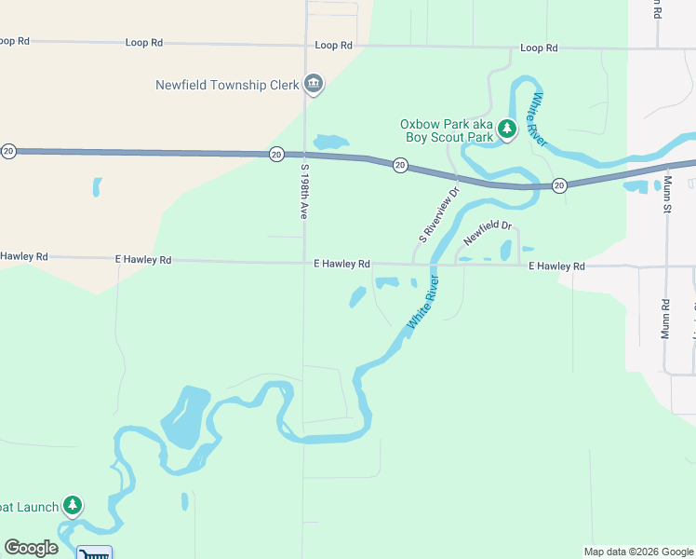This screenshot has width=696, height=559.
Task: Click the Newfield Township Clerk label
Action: click(227, 85)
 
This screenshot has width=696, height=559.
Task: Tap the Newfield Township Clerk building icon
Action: click(314, 85)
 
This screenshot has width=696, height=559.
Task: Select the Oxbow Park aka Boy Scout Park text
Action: click(447, 130)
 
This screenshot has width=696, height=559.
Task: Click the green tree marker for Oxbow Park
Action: click(506, 129)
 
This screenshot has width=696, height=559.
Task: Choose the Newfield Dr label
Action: click(489, 232)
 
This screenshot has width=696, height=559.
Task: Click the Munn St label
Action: click(667, 194)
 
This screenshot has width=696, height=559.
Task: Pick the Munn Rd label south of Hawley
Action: click(666, 319)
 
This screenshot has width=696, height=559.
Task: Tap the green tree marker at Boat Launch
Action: click(73, 506)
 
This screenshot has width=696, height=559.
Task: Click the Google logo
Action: click(31, 548)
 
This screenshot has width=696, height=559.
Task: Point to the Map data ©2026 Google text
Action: click(637, 552)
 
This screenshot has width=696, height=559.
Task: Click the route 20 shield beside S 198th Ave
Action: click(276, 154)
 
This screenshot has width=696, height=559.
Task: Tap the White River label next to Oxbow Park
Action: click(537, 118)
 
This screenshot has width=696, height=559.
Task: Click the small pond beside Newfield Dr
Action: click(506, 250)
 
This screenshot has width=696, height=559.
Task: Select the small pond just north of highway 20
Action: click(330, 143)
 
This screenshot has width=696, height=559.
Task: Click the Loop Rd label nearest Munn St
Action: click(539, 48)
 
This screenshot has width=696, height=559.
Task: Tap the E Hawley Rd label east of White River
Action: click(556, 266)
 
